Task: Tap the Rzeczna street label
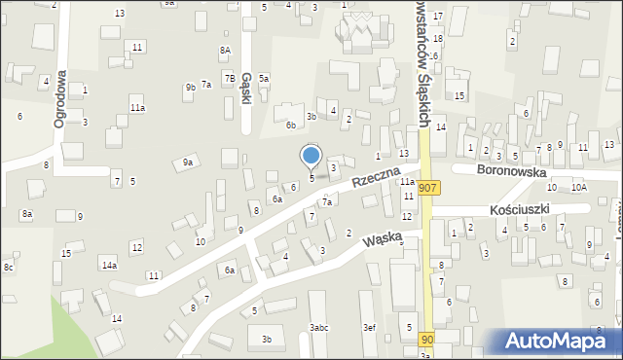coord(377,176)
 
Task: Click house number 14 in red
coord(441,127)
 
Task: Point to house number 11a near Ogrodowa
coord(138,108)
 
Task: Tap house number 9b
coord(191,88)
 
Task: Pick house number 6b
coord(290,125)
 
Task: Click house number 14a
coord(109,265)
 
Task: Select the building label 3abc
coord(319,328)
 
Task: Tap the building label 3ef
coord(369,328)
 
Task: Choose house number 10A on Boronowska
coord(579,187)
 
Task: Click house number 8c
coord(8,267)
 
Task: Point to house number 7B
coord(230,78)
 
